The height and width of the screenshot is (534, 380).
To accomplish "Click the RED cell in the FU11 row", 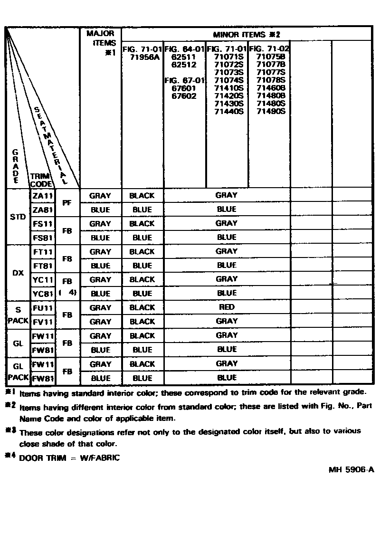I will [x=227, y=307].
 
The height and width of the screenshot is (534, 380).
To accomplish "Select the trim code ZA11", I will [x=43, y=195].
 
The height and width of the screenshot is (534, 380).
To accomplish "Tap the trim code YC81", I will [x=43, y=294].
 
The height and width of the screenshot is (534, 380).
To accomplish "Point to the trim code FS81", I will [x=43, y=238].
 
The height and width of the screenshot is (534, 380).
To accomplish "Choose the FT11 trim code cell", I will [x=43, y=252].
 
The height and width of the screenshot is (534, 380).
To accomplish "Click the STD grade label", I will [x=18, y=217].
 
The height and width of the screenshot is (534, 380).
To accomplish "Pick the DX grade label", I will [x=18, y=273].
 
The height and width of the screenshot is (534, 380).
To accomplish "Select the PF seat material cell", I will [x=67, y=202].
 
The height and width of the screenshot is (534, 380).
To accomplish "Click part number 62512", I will [x=183, y=65].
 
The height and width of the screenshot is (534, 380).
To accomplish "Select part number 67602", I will [x=183, y=95].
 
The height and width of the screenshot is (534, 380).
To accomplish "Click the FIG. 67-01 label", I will [x=184, y=80].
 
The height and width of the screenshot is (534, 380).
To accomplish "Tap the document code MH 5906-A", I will [x=351, y=470].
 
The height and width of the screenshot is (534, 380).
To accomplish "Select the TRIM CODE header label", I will [x=42, y=180].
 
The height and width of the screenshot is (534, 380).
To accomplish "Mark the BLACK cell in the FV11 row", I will [x=142, y=322].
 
